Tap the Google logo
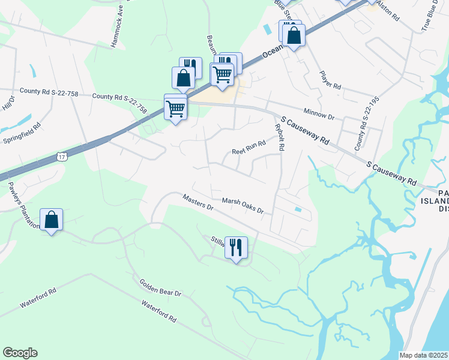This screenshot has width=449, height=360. point(20,353)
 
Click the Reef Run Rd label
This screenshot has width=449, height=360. point(249,147)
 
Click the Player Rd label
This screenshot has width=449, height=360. point(330,80)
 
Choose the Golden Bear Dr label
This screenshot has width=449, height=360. point(160,287)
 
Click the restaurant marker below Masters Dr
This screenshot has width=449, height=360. point(236,247)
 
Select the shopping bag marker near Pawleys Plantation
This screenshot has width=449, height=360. point(52,220)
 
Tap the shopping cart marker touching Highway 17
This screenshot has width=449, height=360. point(175,109)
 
